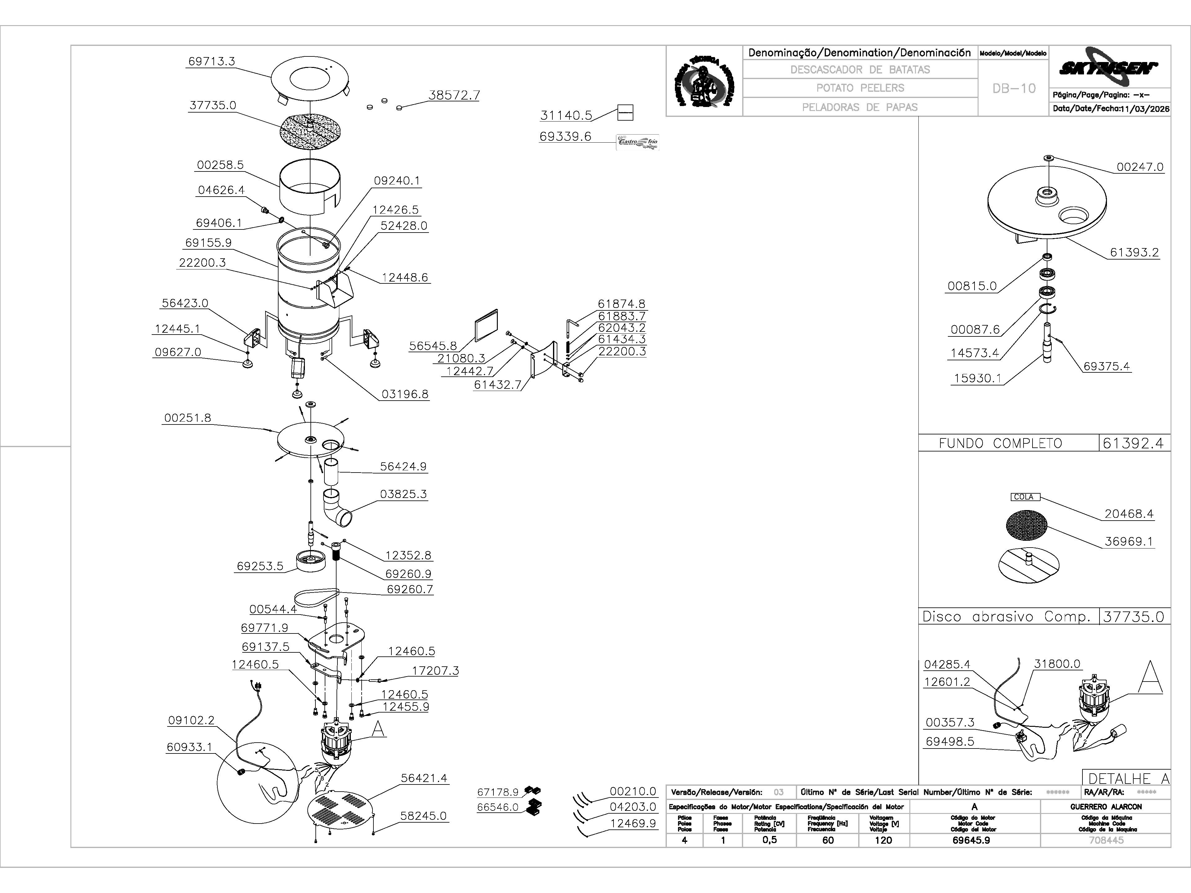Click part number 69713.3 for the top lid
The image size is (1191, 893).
pos(211,61)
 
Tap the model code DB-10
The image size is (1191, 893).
pos(1014,89)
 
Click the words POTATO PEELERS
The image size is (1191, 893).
pos(860,88)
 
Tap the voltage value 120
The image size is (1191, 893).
pos(883,840)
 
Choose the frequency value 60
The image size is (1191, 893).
pos(827,840)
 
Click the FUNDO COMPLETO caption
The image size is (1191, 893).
pos(1000,443)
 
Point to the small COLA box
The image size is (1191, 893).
pos(1024,497)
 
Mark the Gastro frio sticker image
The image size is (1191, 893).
pos(637,142)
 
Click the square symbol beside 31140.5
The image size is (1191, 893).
pos(625,113)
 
